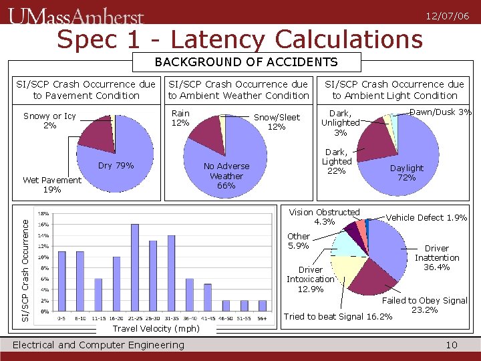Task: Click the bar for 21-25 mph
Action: click(x=134, y=267)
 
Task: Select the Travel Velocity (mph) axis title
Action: click(x=156, y=329)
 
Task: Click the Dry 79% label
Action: click(x=116, y=166)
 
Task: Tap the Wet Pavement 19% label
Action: click(x=51, y=185)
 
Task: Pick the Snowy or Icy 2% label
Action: click(x=49, y=121)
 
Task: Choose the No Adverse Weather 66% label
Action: click(x=226, y=176)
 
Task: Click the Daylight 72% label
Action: click(x=406, y=173)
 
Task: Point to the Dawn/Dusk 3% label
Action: click(x=440, y=112)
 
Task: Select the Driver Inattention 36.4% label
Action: click(x=437, y=257)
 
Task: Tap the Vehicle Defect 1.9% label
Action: click(x=426, y=217)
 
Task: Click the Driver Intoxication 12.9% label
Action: click(x=310, y=279)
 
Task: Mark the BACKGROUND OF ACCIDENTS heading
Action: click(x=247, y=63)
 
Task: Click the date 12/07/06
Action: click(x=451, y=15)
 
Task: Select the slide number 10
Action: click(x=451, y=345)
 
